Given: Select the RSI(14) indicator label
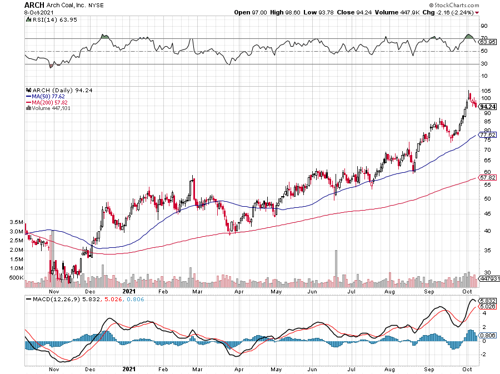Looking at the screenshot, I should [x=44, y=20].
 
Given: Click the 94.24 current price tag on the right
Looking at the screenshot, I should [x=487, y=107].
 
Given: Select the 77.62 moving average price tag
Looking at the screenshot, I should [x=487, y=135].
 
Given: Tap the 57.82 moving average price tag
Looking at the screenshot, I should [x=487, y=177].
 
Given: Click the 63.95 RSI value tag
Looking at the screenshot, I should [x=487, y=42].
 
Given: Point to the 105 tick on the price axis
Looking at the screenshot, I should [x=485, y=91].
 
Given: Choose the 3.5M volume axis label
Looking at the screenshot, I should [x=16, y=222].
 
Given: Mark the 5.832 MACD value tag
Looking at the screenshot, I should [x=487, y=300].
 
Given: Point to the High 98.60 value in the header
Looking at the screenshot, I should [x=286, y=12].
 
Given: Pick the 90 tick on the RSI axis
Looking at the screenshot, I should [x=484, y=26].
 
